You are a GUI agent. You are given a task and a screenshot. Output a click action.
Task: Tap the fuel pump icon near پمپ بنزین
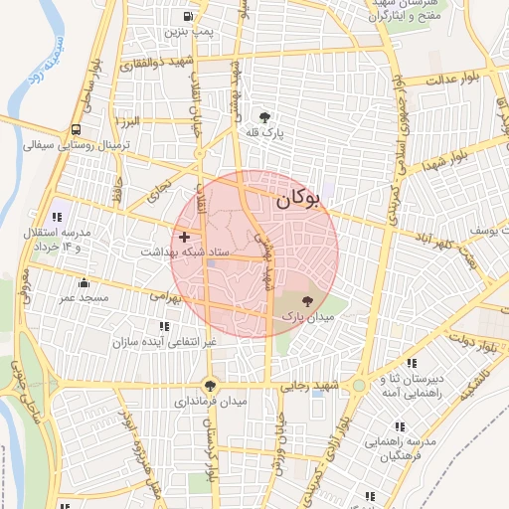point(188,17)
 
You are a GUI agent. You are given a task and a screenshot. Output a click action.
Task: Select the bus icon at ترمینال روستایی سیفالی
point(77,129)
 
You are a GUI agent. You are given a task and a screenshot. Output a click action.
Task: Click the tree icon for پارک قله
point(263,115)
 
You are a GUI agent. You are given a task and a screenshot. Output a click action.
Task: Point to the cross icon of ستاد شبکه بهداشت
point(184,237)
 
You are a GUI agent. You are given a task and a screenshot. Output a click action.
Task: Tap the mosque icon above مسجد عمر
point(83,283)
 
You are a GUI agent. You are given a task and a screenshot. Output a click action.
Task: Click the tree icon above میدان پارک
point(304,299)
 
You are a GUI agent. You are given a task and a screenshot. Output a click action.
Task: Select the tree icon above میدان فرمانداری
point(209,385)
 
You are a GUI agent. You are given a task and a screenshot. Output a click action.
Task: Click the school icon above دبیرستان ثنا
point(413,363)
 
